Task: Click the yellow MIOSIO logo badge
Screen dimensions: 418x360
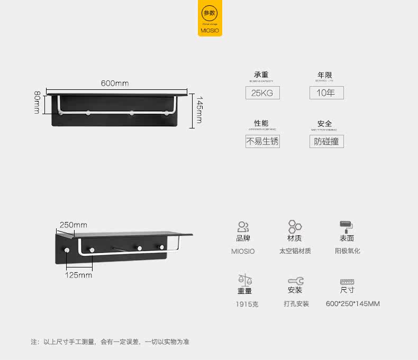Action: (210, 19)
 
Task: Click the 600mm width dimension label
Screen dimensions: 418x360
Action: (115, 84)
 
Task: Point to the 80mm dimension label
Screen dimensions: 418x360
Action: (37, 103)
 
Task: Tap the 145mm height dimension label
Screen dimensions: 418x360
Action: (199, 109)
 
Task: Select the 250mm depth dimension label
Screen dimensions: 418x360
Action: (73, 225)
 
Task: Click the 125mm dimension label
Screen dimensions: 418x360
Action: (78, 275)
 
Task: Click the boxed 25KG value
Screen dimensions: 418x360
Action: (262, 93)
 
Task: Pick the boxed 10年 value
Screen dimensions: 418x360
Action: (326, 93)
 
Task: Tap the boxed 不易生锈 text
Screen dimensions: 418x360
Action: (262, 141)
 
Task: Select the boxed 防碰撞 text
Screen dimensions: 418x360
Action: (326, 141)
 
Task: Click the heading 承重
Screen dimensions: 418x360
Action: (261, 75)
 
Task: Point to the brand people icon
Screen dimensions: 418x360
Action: (243, 227)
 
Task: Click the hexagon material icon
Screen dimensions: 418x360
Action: (295, 227)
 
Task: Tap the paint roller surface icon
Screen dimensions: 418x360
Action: (347, 227)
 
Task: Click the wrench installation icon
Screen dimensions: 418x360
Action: (295, 281)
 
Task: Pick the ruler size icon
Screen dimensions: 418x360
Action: (347, 282)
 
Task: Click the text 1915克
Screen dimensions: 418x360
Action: (247, 304)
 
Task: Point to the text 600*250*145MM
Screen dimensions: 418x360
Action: (353, 304)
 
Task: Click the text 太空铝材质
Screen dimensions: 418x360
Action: (295, 251)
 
